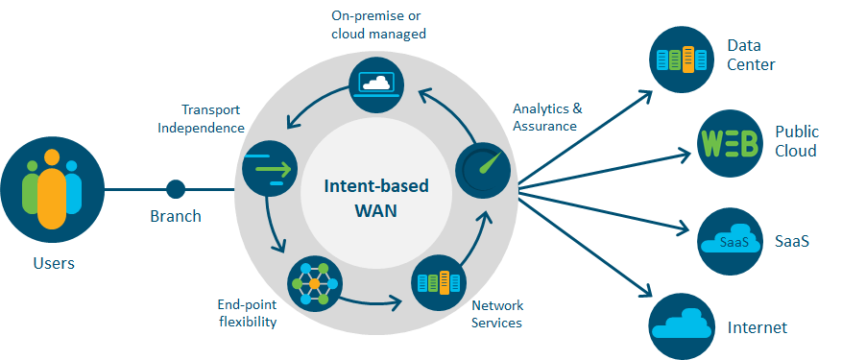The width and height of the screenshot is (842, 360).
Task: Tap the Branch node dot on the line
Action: click(175, 188)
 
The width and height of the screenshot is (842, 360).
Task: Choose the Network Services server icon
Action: click(438, 283)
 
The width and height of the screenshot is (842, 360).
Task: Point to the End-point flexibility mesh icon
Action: click(313, 284)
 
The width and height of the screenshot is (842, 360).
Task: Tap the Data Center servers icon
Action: click(685, 59)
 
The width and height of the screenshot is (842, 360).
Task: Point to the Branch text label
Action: click(176, 216)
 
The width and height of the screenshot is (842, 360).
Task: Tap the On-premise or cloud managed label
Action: click(376, 24)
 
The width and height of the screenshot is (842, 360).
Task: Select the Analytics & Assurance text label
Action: click(546, 117)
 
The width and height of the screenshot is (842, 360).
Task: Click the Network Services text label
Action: click(497, 314)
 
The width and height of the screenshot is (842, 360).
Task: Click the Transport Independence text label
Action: click(212, 119)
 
